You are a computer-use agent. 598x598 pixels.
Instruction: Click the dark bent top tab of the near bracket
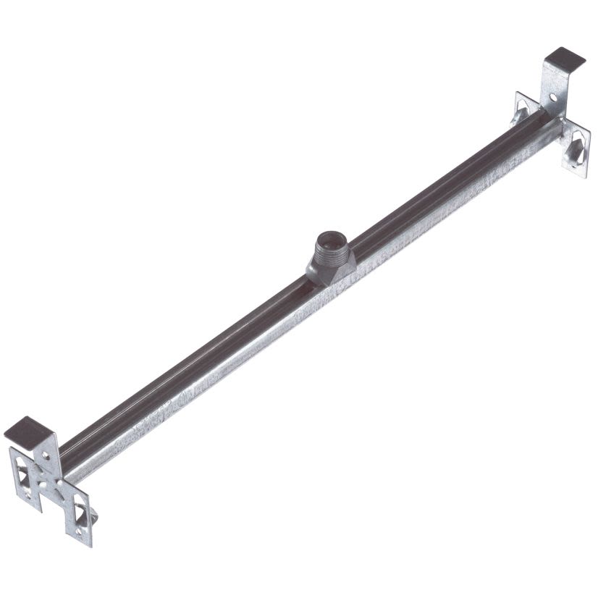30,429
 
